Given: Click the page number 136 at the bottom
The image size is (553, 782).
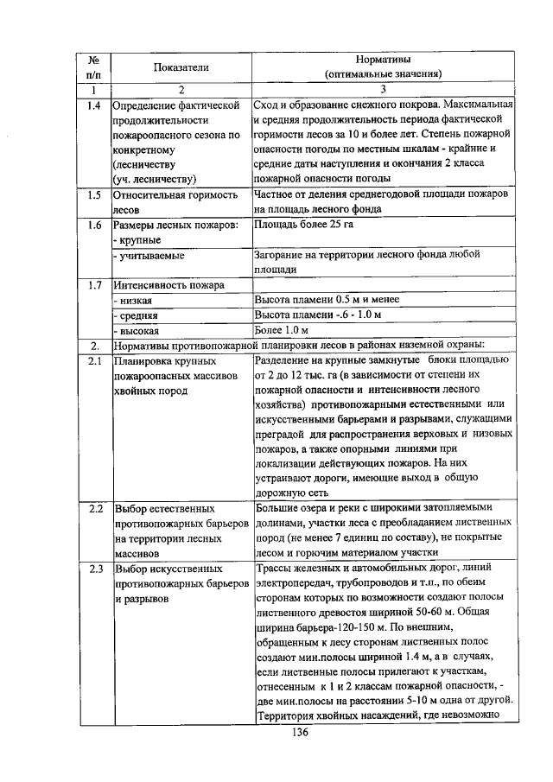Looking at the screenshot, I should click(300, 732).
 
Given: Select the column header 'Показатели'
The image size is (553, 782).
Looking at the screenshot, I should click(181, 67).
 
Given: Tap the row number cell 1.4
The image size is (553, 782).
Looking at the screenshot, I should click(94, 105).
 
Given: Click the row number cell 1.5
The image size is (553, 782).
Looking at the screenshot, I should click(94, 194).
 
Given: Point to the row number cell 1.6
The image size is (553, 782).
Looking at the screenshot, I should click(94, 225).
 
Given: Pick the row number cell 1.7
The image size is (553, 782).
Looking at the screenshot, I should click(94, 284).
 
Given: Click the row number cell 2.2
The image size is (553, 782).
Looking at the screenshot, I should click(94, 508).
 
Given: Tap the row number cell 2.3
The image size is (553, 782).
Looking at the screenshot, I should click(94, 569).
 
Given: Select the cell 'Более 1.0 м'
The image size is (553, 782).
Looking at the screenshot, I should click(282, 329).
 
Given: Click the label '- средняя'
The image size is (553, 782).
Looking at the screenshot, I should click(137, 315).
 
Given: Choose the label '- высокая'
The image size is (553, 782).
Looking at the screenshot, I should click(137, 330).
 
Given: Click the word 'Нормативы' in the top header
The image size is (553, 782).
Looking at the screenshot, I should click(383, 60).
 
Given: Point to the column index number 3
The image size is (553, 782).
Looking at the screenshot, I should click(383, 88).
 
